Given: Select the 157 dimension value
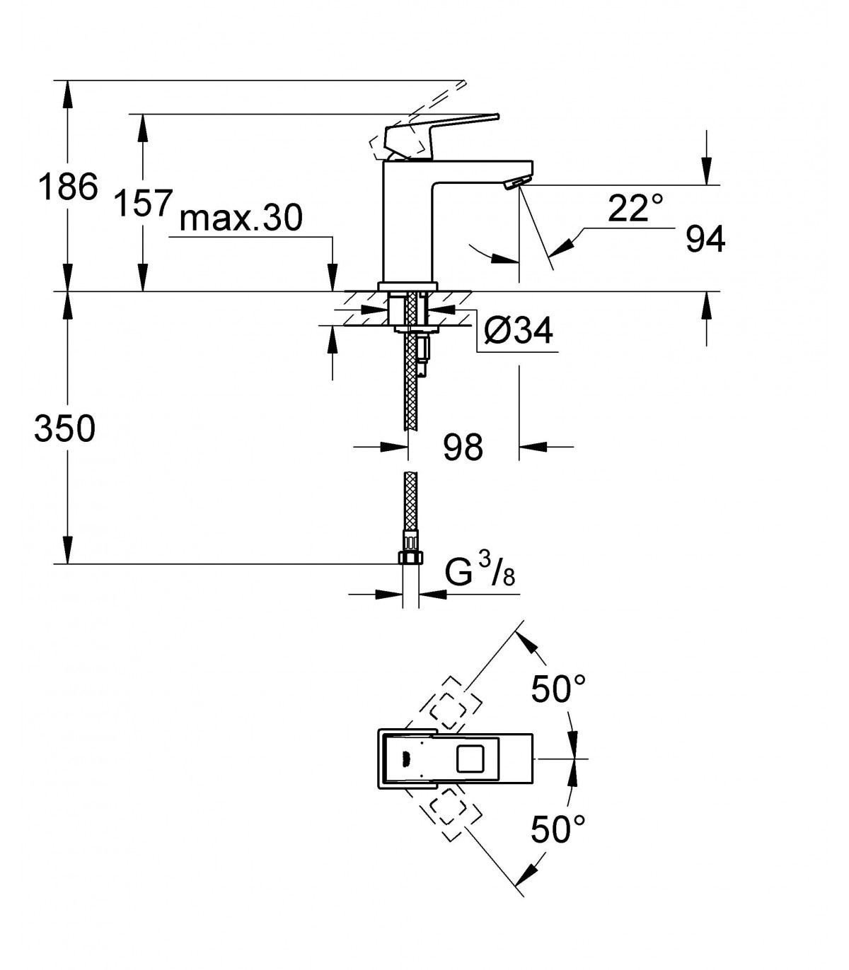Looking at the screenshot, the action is pos(143,202).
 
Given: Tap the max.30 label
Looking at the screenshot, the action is pos(241,218).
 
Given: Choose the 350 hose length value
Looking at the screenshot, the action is pos(65,428).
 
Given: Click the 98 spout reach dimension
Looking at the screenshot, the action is pos(463,447).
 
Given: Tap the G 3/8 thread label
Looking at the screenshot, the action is pos(480,572).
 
